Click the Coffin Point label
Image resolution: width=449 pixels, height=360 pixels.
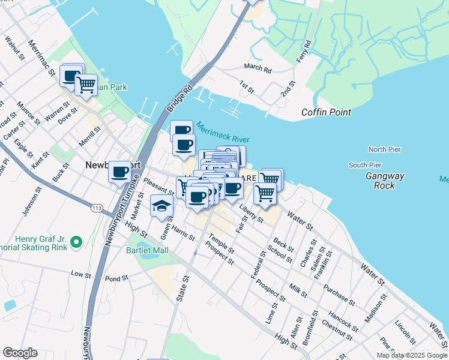pos(326,112)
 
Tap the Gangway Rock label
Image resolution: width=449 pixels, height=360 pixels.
pos(384,181)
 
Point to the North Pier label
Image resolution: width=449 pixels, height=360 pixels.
pos(384,149)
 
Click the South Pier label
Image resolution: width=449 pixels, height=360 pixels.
pos(365,165)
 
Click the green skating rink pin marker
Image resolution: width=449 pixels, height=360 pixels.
pos(76,242)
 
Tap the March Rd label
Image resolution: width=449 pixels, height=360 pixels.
pos(258,68)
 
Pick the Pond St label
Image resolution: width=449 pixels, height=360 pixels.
pos(116,278)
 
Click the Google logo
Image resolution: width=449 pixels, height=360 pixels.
pos(20,353)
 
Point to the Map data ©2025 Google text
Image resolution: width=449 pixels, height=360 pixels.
pos(412,355)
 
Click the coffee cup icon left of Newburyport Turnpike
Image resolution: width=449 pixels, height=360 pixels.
pos(119,171)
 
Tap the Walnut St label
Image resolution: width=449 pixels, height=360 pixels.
pos(13,50)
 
